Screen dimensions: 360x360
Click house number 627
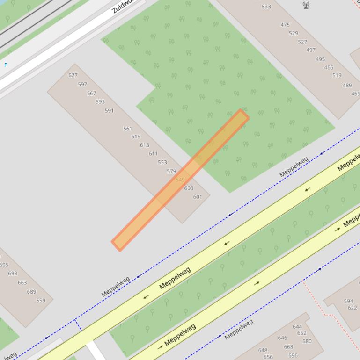tap(73, 75)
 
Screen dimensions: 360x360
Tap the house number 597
tap(82, 85)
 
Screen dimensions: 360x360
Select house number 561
tap(127, 129)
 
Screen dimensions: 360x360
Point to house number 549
tap(180, 180)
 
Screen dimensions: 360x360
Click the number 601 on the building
tap(198, 197)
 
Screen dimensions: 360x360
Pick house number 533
tap(266, 7)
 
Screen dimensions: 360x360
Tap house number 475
tap(285, 25)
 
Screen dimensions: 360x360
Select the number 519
tap(337, 75)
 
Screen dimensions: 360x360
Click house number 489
tap(347, 86)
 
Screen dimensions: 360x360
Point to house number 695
tap(4, 265)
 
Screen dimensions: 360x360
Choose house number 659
tap(41, 301)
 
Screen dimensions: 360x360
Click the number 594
tap(348, 302)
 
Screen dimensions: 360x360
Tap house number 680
tap(307, 341)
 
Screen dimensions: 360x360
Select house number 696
tap(293, 356)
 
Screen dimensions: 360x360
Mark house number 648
tap(263, 350)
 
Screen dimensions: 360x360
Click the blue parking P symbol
tap(6, 65)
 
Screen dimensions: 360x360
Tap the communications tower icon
tap(306, 5)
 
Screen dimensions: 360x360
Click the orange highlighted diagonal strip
tap(180, 180)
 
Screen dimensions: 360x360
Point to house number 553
tap(162, 162)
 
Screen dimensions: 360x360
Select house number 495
tap(320, 59)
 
